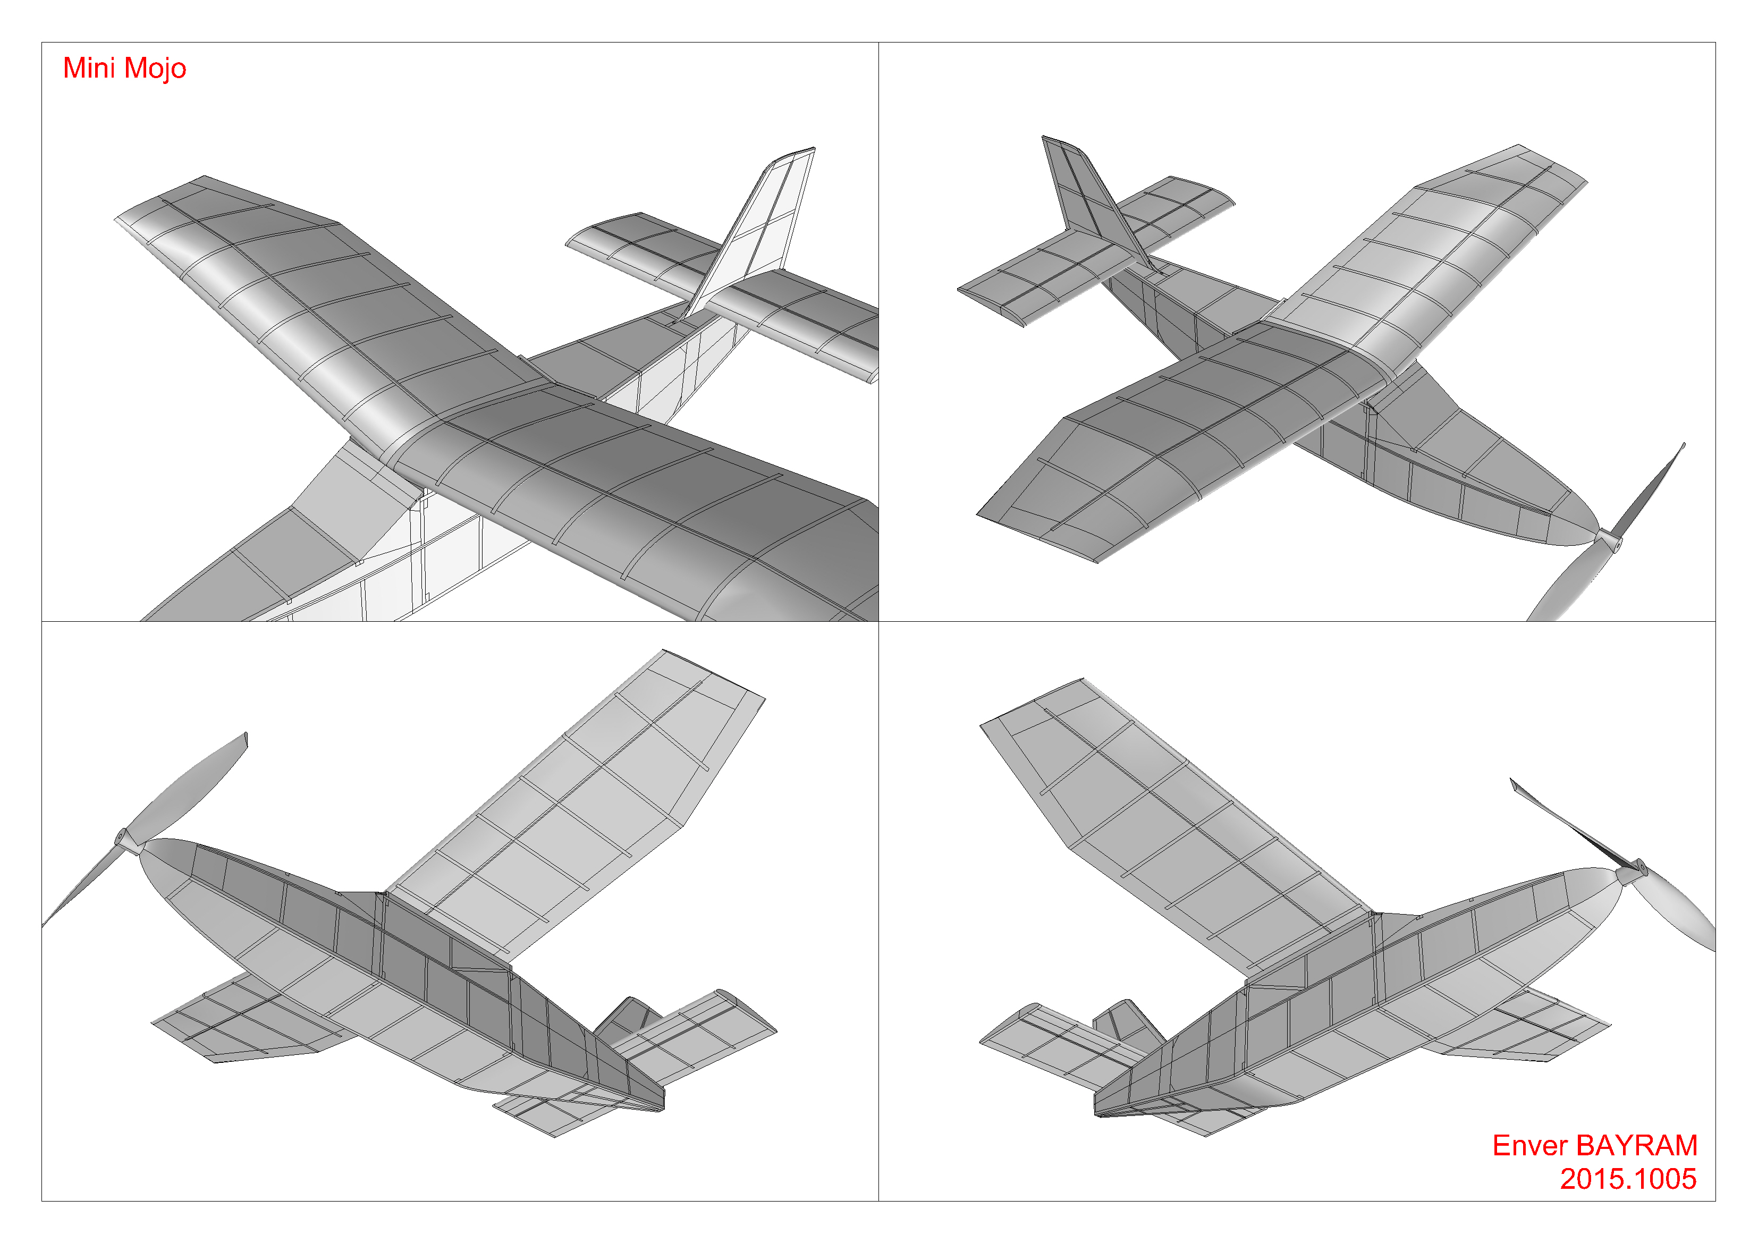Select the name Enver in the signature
tap(1530, 1146)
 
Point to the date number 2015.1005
tap(1629, 1179)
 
